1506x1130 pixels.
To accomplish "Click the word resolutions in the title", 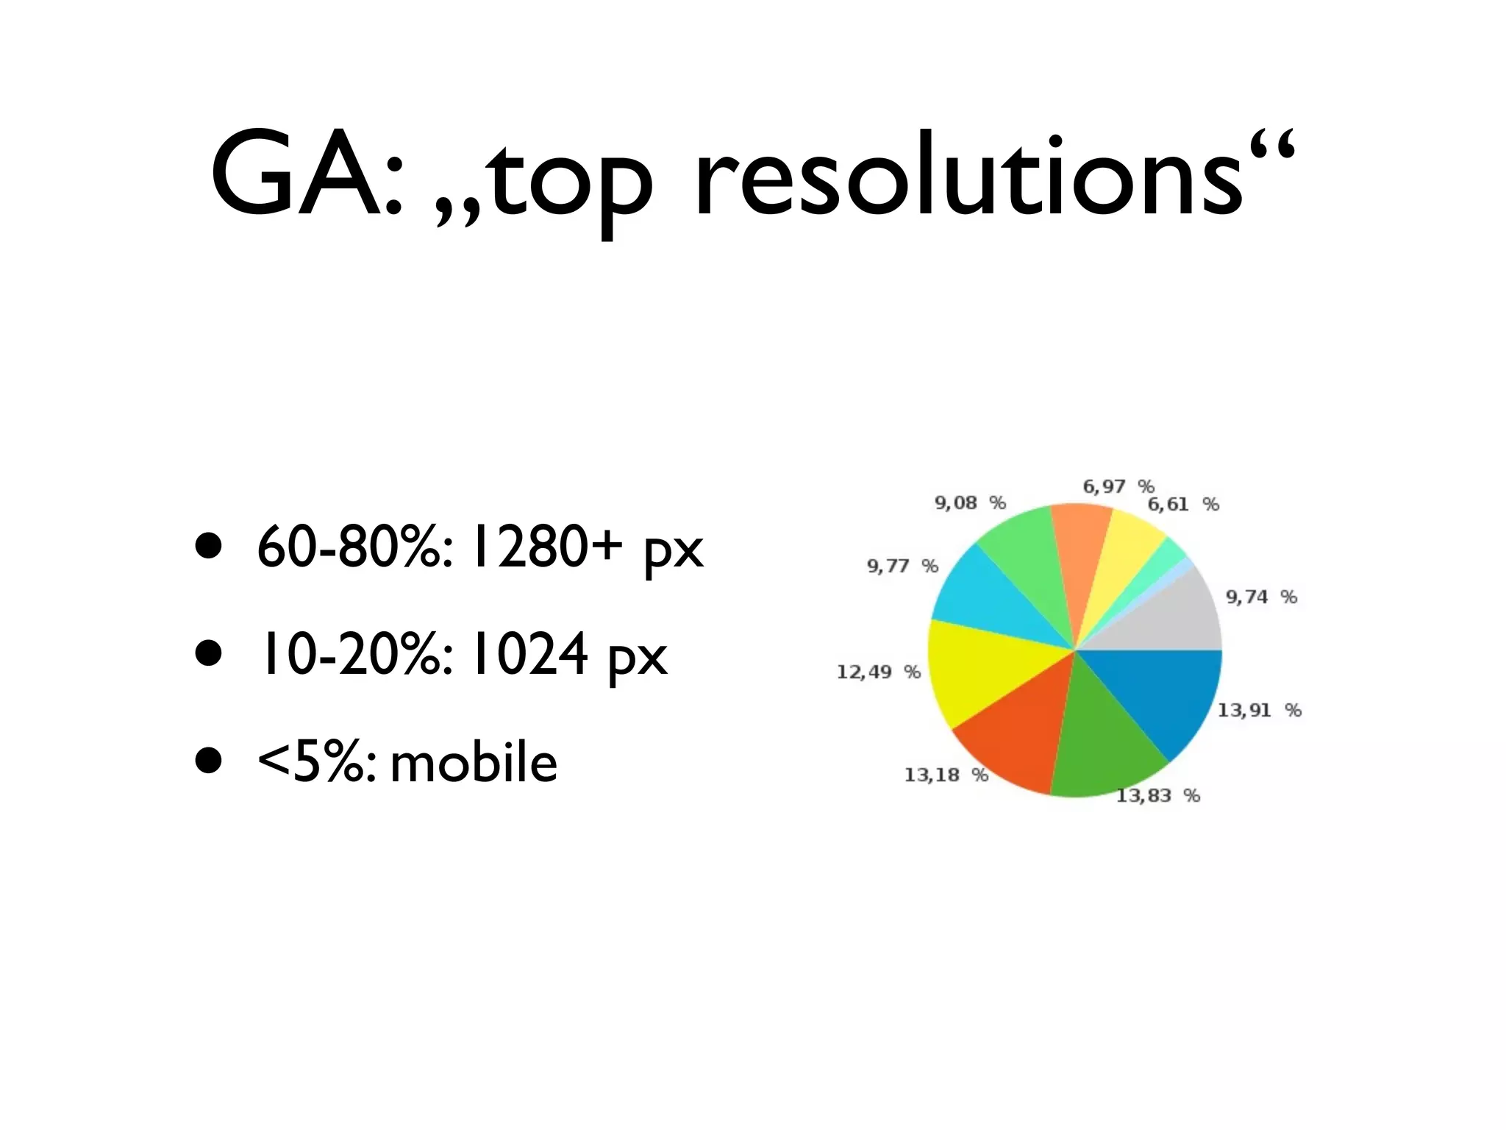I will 967,177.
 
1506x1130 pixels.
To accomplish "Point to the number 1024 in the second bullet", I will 529,655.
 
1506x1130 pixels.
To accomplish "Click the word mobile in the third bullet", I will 474,763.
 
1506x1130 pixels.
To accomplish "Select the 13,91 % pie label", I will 1259,710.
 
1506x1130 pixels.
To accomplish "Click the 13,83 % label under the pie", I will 1157,795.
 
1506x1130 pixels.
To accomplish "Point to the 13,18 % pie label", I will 946,775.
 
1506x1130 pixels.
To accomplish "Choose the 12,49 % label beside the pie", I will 878,672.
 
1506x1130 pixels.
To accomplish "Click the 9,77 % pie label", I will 902,566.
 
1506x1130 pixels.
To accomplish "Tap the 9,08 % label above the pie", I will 969,502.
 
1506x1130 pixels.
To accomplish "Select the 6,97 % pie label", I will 1118,486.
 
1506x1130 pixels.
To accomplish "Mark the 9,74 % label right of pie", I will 1260,597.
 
